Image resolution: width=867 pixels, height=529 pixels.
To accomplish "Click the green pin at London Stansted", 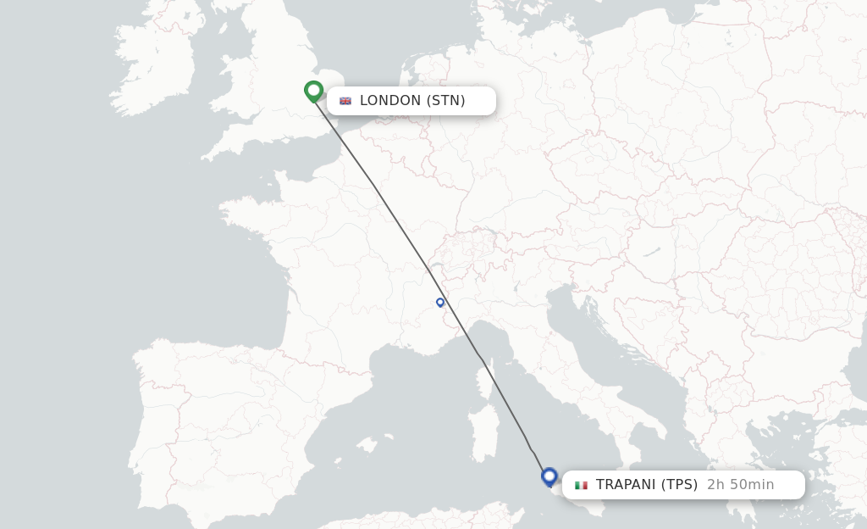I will point(314,90).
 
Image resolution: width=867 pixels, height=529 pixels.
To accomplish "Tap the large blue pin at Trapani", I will point(549,476).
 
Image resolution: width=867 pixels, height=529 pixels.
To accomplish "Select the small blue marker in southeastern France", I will point(440,302).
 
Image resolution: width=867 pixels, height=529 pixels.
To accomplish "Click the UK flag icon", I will point(345,101).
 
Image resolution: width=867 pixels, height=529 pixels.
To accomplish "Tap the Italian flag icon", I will point(581,485).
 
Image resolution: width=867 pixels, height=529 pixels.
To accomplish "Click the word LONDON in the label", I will point(390,101).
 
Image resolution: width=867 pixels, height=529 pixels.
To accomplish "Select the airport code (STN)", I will point(445,101).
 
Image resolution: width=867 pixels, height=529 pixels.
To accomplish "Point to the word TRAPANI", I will point(626,485).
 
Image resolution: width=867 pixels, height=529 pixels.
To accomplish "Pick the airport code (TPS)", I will point(679,485).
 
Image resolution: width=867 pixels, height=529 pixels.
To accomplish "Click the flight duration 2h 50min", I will point(740,485).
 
